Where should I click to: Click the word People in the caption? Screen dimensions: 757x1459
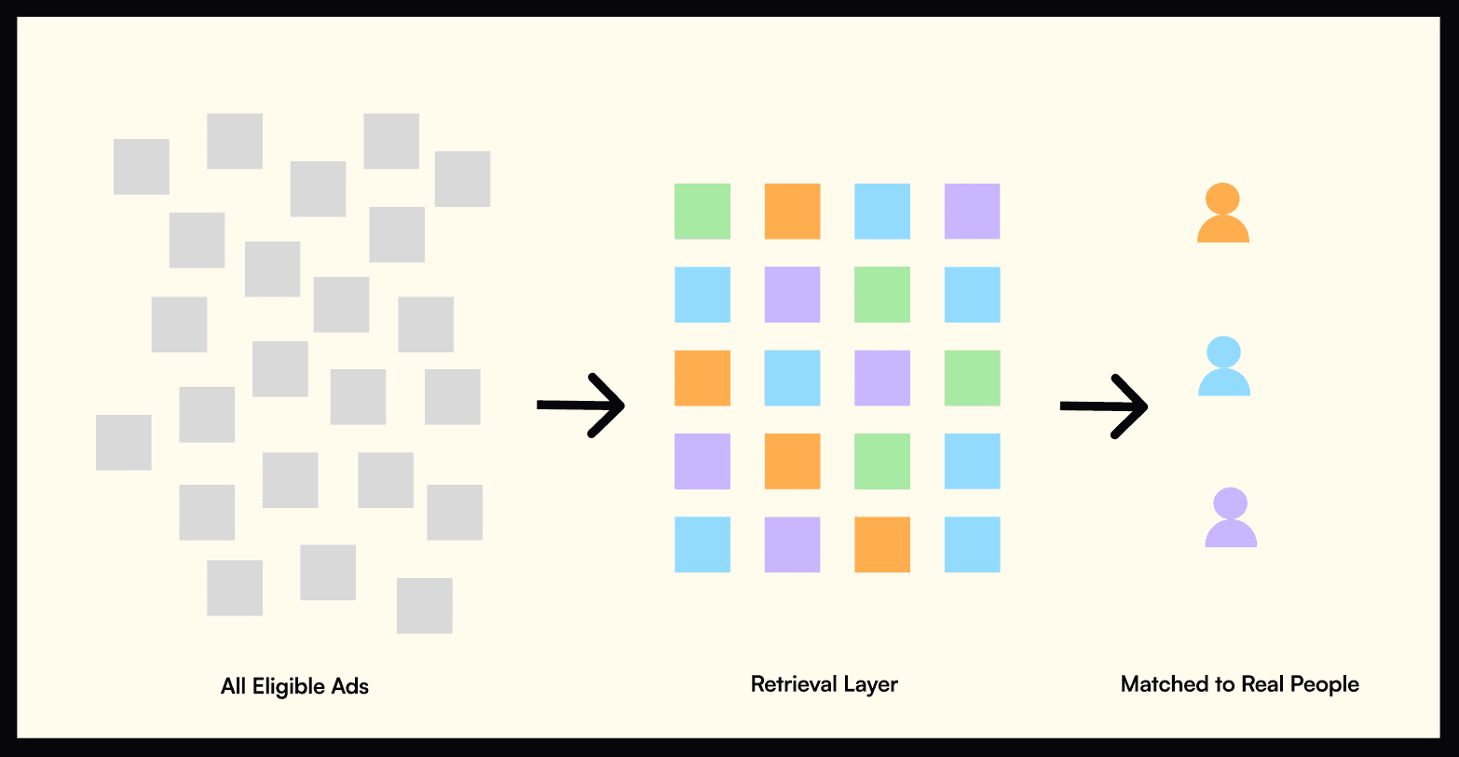point(1323,684)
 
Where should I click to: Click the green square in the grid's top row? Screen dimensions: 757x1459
point(702,211)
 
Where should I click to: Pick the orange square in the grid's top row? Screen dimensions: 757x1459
point(792,211)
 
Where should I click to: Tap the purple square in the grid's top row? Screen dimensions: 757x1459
point(972,211)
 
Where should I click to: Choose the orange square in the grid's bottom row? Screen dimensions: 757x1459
point(882,544)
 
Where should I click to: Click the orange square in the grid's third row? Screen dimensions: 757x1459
point(702,378)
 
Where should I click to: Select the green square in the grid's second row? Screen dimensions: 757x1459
point(882,295)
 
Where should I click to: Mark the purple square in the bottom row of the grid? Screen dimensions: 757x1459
point(792,544)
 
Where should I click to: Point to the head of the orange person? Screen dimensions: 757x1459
point(1222,199)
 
